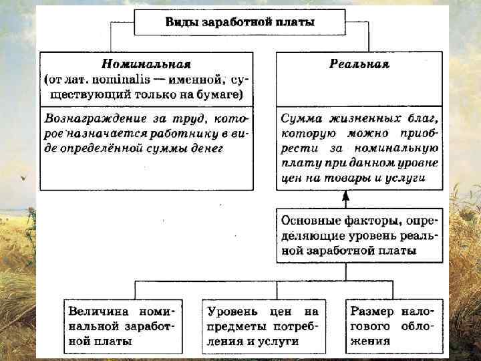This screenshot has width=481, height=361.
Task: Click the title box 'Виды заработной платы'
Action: [240, 21]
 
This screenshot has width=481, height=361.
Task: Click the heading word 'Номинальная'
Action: [146, 65]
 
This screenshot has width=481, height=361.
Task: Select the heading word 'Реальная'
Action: [359, 65]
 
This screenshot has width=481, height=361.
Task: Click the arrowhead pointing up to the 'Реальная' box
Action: [346, 197]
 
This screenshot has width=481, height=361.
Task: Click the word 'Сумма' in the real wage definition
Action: [301, 120]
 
